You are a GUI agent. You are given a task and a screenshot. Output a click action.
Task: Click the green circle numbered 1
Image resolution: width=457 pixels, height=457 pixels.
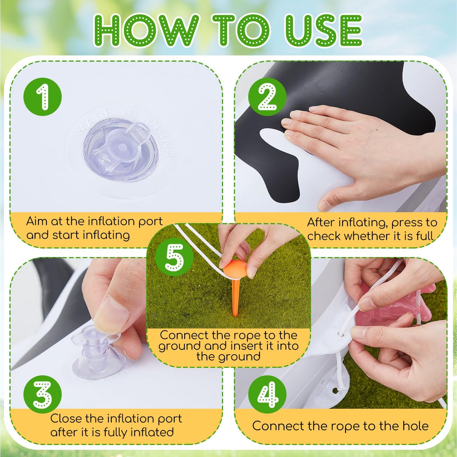pos(42,97)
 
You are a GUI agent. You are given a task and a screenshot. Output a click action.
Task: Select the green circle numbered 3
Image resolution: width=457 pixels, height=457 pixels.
pos(42,394)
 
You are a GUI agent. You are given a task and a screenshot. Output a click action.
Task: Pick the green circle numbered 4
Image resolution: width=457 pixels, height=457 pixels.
pos(267,394)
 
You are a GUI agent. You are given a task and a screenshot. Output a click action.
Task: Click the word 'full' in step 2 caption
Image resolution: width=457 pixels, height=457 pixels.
pos(424,236)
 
